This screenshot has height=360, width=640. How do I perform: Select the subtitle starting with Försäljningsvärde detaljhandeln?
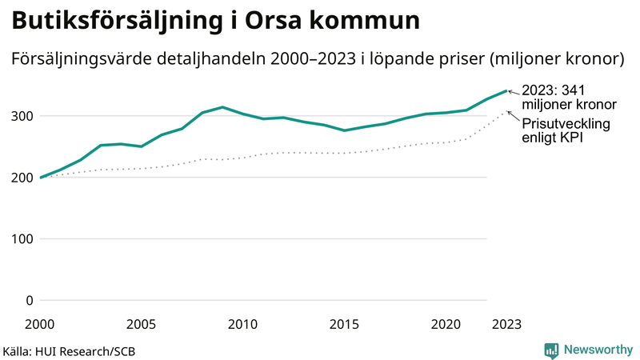tap(317, 59)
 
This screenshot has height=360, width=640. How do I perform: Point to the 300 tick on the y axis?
tap(22, 116)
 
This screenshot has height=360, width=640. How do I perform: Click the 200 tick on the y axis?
tap(22, 178)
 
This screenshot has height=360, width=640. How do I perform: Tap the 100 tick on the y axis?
tap(22, 239)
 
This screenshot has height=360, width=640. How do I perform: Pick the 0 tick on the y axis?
tap(30, 301)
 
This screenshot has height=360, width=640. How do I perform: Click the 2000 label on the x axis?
tap(40, 324)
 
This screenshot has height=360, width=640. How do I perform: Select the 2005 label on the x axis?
tap(142, 324)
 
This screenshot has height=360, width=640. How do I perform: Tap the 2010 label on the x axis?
tap(242, 324)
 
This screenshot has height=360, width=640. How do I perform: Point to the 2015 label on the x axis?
tap(344, 324)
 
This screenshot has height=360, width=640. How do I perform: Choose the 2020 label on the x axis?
tap(446, 324)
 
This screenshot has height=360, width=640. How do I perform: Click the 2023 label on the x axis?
tap(506, 324)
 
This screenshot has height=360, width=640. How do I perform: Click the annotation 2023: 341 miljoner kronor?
tap(569, 98)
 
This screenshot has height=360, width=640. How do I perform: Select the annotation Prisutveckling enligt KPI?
tap(566, 131)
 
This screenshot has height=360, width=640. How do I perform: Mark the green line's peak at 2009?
tap(222, 107)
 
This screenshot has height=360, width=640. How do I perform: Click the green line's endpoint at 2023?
tap(506, 90)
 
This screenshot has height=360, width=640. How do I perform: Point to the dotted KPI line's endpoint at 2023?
tap(506, 112)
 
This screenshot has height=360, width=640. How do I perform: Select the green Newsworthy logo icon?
tap(551, 350)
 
